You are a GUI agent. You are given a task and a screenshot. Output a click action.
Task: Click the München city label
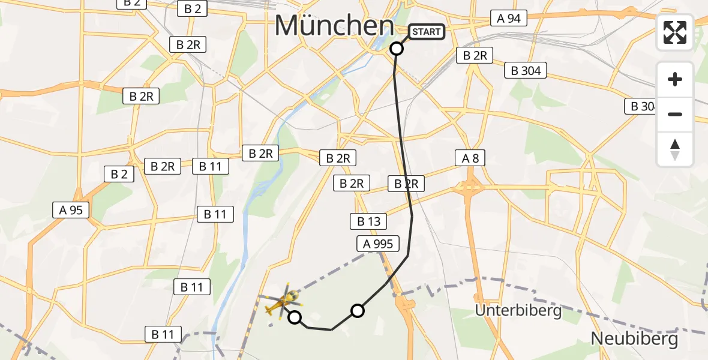pyautogui.click(x=334, y=26)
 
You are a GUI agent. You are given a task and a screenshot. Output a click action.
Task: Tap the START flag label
pyautogui.click(x=427, y=32)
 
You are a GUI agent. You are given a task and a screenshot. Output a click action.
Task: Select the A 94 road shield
pyautogui.click(x=508, y=18)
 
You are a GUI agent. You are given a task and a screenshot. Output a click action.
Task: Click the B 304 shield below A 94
pyautogui.click(x=526, y=71)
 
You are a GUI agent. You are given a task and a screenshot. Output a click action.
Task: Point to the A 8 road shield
pyautogui.click(x=470, y=158)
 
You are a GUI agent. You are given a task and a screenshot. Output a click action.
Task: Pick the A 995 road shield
pyautogui.click(x=378, y=244)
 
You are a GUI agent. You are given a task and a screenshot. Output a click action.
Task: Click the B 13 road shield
pyautogui.click(x=369, y=221)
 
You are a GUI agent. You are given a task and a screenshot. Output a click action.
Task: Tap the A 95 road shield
pyautogui.click(x=71, y=210)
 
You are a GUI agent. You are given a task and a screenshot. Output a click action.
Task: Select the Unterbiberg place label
pyautogui.click(x=518, y=310)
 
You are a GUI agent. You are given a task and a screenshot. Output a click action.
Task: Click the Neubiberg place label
pyautogui.click(x=634, y=339)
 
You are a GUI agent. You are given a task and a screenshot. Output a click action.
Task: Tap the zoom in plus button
pyautogui.click(x=675, y=79)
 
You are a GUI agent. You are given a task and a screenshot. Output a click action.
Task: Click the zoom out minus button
pyautogui.click(x=675, y=114)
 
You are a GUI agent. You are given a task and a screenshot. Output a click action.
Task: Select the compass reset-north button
pyautogui.click(x=675, y=149)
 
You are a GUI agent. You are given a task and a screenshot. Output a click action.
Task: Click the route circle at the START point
pyautogui.click(x=397, y=49)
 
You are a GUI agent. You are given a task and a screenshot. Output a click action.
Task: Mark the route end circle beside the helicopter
pyautogui.click(x=295, y=317)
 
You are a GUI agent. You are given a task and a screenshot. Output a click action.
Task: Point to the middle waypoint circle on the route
pyautogui.click(x=358, y=310)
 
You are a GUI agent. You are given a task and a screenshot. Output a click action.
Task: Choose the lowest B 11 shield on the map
pyautogui.click(x=163, y=334)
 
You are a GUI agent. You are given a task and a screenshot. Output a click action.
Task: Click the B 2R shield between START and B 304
pyautogui.click(x=475, y=56)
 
